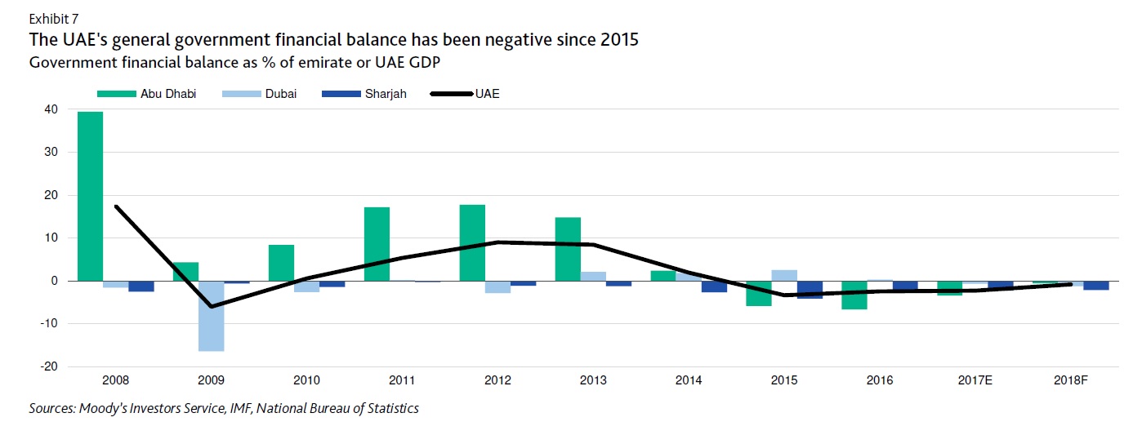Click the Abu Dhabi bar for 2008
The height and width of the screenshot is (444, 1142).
pyautogui.click(x=90, y=196)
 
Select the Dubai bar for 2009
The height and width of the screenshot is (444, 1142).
pyautogui.click(x=212, y=316)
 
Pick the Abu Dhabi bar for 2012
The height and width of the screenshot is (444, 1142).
pyautogui.click(x=472, y=242)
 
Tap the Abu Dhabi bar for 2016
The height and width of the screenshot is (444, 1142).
pyautogui.click(x=854, y=295)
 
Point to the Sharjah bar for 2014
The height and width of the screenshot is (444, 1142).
pyautogui.click(x=714, y=286)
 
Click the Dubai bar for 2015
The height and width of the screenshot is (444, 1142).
pyautogui.click(x=783, y=275)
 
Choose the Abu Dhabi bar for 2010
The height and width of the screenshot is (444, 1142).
pyautogui.click(x=281, y=263)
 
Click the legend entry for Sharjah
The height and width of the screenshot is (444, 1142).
pyautogui.click(x=364, y=94)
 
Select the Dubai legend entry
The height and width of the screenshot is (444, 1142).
pyautogui.click(x=259, y=94)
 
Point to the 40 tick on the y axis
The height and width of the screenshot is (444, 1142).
pyautogui.click(x=51, y=109)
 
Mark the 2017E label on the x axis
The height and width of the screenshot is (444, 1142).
pyautogui.click(x=975, y=380)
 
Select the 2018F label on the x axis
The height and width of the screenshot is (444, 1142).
pyautogui.click(x=1071, y=380)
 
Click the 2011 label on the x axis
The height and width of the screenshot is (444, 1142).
pyautogui.click(x=402, y=380)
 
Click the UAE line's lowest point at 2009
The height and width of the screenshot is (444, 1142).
pyautogui.click(x=212, y=307)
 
